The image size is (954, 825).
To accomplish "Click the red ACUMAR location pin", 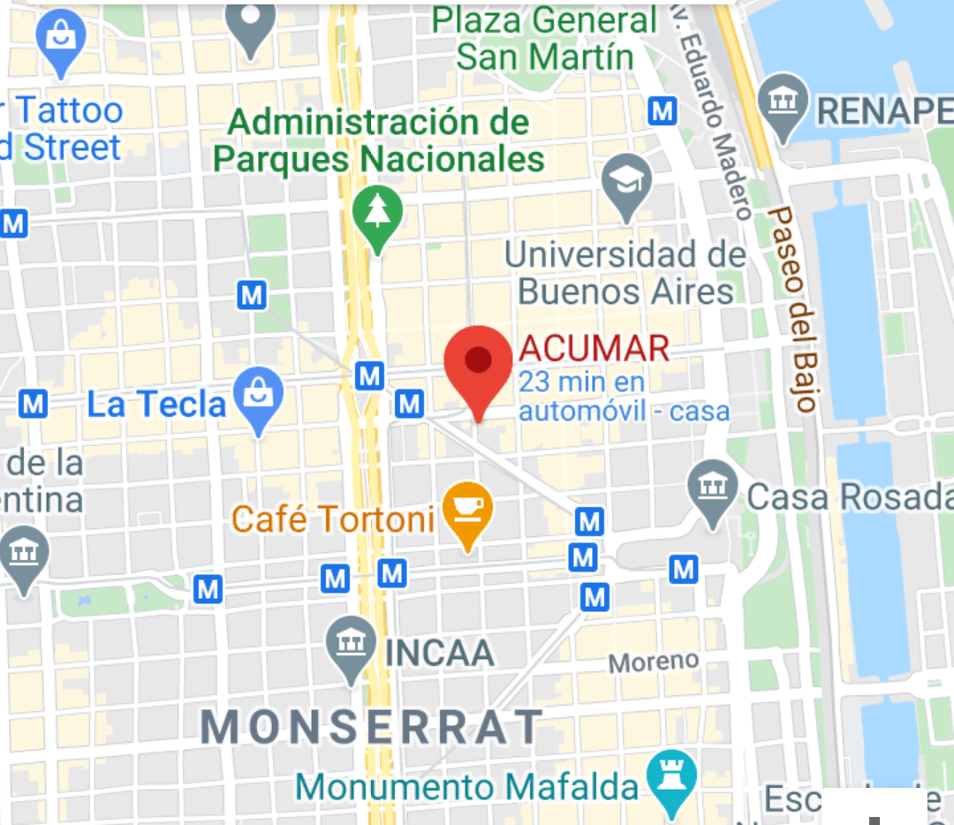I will click(x=478, y=362).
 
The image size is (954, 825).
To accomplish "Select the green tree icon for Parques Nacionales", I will click(x=377, y=213).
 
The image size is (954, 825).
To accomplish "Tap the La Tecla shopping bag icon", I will click(x=258, y=393).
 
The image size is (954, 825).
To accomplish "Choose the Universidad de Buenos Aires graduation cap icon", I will click(x=626, y=182).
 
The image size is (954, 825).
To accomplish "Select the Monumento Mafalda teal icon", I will click(x=670, y=777).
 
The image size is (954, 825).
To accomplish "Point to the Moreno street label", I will click(x=654, y=661).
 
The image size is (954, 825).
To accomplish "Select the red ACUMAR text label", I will click(x=594, y=349).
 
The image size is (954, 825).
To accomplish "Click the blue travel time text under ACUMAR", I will click(x=624, y=397).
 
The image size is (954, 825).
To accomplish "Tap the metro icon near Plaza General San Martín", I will click(x=662, y=110).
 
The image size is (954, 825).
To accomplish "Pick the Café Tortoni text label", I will click(x=333, y=518).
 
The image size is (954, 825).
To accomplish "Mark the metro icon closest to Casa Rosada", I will click(x=683, y=570).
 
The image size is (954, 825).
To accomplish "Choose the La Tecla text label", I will click(x=157, y=405).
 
